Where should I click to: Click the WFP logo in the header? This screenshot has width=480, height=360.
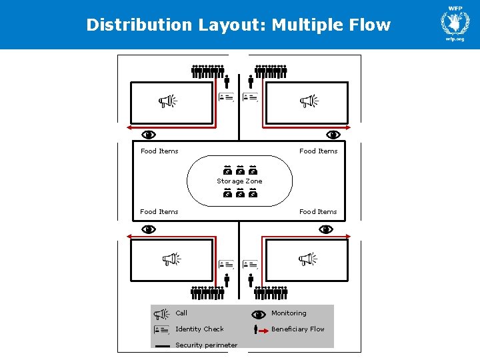point(455,23)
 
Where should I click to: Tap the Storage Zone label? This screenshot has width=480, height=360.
point(239,181)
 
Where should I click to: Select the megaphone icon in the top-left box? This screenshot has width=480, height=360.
point(167,101)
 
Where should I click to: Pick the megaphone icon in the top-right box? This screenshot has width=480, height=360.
point(309,101)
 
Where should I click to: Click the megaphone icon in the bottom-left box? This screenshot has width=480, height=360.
point(171,259)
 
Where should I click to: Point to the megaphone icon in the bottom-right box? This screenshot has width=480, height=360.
point(307,259)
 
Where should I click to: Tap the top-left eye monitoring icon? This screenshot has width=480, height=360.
point(149,135)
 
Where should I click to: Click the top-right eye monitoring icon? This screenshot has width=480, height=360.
point(333,135)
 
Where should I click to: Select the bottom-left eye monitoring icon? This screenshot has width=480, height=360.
point(149,229)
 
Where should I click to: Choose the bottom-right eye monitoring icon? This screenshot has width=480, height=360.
point(326,229)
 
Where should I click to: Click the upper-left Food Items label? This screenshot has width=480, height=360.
point(159,151)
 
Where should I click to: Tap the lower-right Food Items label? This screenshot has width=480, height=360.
point(318,212)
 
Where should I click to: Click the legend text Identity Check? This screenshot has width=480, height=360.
point(199,329)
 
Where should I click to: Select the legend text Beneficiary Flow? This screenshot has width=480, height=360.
point(297,329)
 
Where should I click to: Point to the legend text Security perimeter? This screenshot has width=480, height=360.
point(206,345)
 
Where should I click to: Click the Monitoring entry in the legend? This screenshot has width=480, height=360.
point(289,313)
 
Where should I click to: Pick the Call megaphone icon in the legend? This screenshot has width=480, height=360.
point(162,314)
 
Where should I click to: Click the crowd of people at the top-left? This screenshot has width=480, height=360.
point(207,71)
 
